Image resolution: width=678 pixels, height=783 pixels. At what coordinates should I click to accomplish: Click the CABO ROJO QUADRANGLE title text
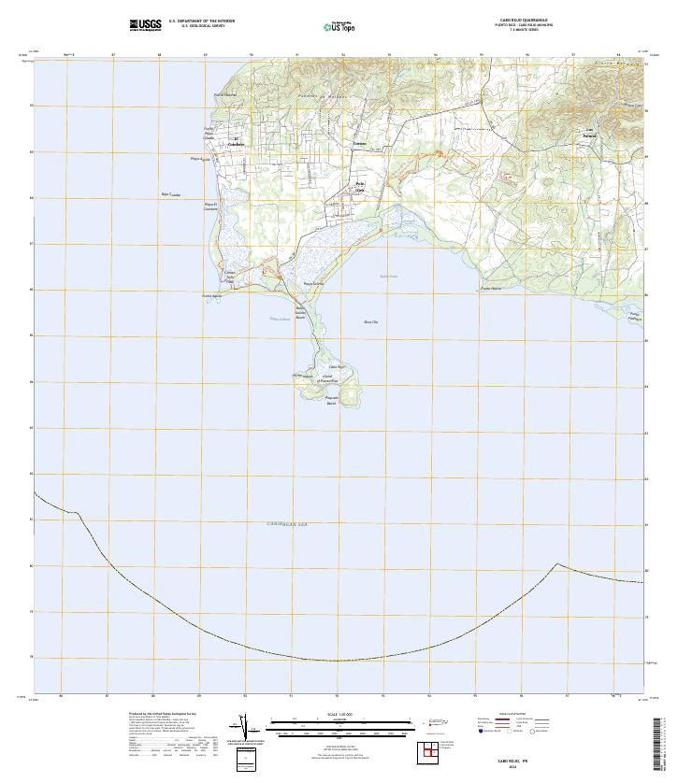(516, 21)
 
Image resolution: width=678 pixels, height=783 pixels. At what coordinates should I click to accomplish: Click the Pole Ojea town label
(360, 185)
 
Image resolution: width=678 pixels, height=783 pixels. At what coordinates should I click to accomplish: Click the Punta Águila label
(212, 295)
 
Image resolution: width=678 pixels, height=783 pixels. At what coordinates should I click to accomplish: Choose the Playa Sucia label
(312, 284)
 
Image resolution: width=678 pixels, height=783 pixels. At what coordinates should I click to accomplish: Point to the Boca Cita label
(370, 321)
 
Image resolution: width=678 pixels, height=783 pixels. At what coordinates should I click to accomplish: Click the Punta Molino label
(491, 289)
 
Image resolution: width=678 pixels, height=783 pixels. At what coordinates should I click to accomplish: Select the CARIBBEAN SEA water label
(282, 525)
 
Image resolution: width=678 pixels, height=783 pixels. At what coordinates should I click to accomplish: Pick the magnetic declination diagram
(245, 728)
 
